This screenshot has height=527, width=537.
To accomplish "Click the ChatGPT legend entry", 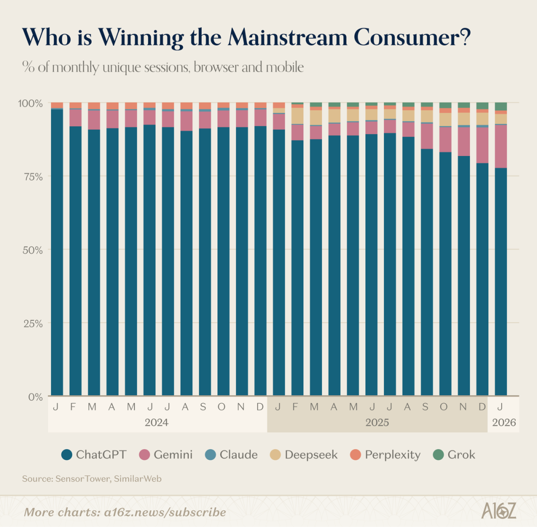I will [94, 454].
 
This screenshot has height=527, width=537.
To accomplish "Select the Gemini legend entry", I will [166, 454].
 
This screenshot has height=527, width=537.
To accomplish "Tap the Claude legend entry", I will [232, 454].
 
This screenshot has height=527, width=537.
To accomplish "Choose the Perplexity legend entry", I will [385, 454].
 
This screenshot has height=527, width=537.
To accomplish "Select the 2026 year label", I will [504, 423].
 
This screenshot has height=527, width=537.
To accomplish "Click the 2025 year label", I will [377, 423].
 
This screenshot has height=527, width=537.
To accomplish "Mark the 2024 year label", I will [157, 423].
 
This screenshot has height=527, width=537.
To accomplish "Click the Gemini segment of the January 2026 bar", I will [501, 146].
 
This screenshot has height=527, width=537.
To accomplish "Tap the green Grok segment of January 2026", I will [501, 106].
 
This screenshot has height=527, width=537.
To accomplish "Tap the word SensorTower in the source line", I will [82, 479].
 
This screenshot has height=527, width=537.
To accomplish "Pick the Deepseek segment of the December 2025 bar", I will [482, 118].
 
